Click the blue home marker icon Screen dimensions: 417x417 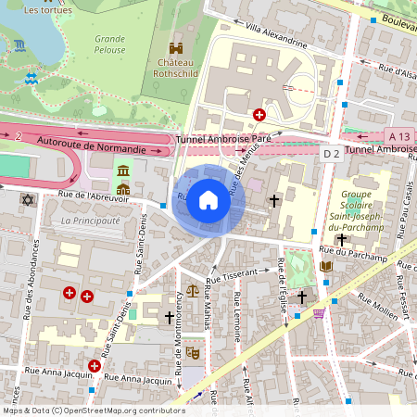tap(208, 200)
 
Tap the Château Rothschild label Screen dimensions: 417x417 tap(175, 69)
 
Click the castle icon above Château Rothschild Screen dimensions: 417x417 tap(176, 48)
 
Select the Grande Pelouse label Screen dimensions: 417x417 tap(109, 44)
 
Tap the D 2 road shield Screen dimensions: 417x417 tap(331, 152)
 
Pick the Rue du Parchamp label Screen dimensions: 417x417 tap(346, 251)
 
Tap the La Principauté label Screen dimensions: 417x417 tap(90, 221)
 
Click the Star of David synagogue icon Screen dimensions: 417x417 tap(27, 200)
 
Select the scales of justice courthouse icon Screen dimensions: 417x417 tap(192, 291)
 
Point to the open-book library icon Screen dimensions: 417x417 tap(326, 267)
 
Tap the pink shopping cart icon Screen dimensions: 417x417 tap(320, 313)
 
